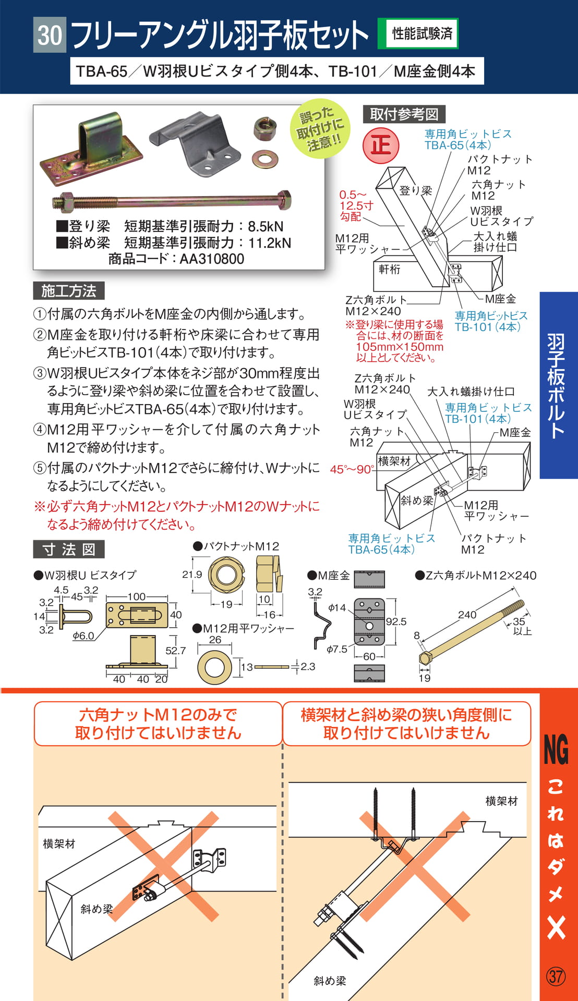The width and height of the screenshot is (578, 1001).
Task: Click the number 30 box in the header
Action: coord(50,35)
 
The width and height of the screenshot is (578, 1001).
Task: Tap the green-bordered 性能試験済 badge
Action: coord(422,34)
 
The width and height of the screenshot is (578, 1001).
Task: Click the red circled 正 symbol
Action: coord(381,145)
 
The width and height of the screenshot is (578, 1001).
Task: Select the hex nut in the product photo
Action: coord(265,128)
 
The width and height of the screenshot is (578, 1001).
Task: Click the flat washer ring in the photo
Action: coord(265,159)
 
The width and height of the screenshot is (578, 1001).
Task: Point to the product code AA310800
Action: coord(212,259)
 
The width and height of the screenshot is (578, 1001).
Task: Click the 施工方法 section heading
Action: coord(69,291)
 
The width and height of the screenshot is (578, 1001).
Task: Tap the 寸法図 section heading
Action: coord(69,550)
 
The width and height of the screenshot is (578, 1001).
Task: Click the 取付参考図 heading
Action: coord(404,114)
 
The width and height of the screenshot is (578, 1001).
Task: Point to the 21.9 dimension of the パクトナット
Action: coord(192,574)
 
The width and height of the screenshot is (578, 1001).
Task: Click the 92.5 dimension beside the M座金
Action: coord(396,621)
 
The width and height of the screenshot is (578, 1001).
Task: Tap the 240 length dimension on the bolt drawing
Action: coord(467,615)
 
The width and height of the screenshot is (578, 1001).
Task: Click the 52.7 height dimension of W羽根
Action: coord(176,650)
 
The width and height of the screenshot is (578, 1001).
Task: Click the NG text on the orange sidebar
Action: coord(556,749)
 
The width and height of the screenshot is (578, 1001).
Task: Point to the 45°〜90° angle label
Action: coord(352,469)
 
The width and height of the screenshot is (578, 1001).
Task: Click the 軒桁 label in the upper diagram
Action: coord(390,269)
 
